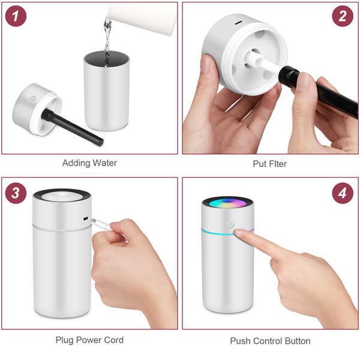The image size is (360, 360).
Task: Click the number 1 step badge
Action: click(x=16, y=16)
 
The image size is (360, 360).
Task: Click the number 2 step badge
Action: click(x=343, y=16)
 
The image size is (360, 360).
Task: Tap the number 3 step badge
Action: click(x=16, y=193)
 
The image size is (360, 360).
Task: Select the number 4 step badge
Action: click(x=343, y=193)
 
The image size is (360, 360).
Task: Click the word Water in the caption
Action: click(x=105, y=163)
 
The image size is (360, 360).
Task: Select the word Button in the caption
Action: click(x=297, y=341)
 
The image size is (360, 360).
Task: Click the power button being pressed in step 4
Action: click(x=231, y=226)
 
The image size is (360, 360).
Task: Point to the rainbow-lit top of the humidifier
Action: click(x=227, y=203)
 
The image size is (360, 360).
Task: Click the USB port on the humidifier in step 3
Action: click(x=86, y=218)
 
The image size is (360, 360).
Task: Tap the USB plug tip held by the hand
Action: click(x=94, y=220)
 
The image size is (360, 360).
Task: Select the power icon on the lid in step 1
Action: click(x=33, y=98)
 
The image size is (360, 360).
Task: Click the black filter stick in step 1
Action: click(x=73, y=127)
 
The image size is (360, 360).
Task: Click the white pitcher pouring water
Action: click(x=142, y=17)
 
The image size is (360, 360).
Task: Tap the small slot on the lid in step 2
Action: click(x=238, y=23)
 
